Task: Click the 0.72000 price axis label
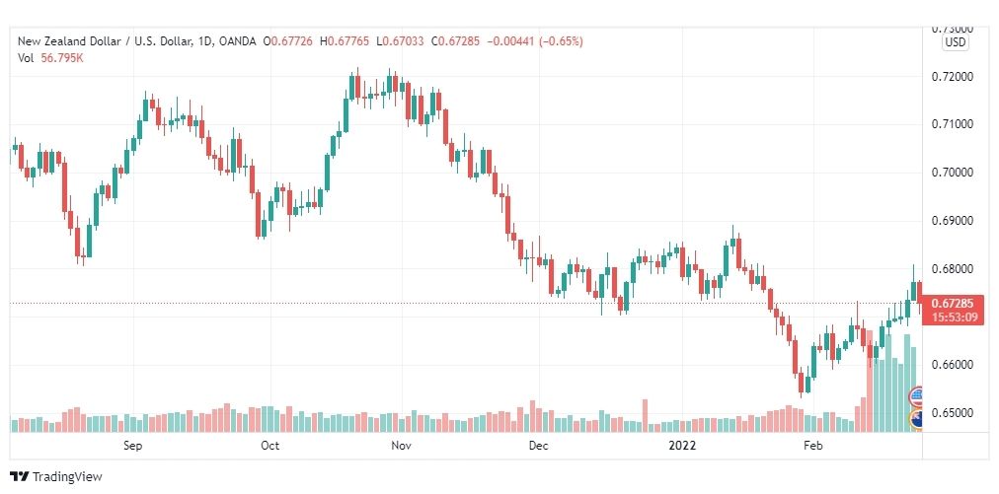[952, 77]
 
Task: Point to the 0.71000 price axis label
[952, 124]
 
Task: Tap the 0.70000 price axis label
[952, 173]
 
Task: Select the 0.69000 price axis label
[952, 221]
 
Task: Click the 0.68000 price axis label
[952, 269]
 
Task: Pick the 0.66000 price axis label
[952, 365]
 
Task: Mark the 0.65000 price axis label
[952, 413]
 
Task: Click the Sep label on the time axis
[133, 446]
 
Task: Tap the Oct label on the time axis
[269, 446]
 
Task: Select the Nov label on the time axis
[401, 446]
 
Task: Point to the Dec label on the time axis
[538, 446]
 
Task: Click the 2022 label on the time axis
[681, 446]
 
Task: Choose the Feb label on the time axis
[812, 446]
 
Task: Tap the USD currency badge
[955, 42]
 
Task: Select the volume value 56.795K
[62, 57]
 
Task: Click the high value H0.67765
[349, 41]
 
